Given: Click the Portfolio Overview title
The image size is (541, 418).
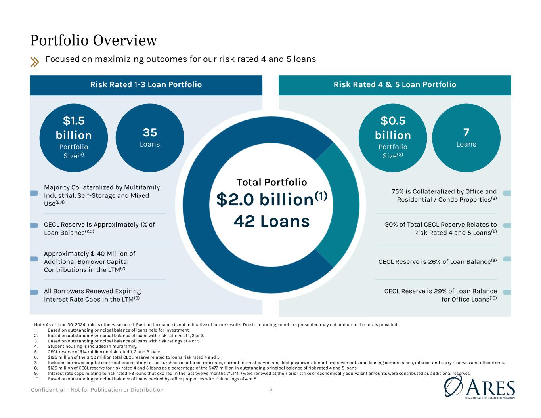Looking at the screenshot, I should (x=94, y=40).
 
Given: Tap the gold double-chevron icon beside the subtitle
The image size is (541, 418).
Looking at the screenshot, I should (x=35, y=61).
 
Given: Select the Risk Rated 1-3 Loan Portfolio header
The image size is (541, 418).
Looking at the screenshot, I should (x=146, y=84).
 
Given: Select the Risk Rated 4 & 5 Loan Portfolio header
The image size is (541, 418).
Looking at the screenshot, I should (x=395, y=84).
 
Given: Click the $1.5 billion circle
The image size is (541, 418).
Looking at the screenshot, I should (x=74, y=137).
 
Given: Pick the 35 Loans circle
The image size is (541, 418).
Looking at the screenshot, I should (x=150, y=137).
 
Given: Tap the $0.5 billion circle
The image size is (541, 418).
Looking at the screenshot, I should (x=393, y=137).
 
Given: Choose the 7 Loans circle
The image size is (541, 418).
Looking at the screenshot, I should (x=466, y=137).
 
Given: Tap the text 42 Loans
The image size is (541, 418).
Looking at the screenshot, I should (x=272, y=221).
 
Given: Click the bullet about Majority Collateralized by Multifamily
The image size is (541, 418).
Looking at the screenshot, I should (x=103, y=195).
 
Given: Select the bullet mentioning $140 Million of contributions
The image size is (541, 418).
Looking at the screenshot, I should (x=90, y=261).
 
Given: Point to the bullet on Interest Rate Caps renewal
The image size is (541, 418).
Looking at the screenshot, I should (x=92, y=295).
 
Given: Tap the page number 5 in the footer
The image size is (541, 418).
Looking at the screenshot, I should (x=271, y=389).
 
